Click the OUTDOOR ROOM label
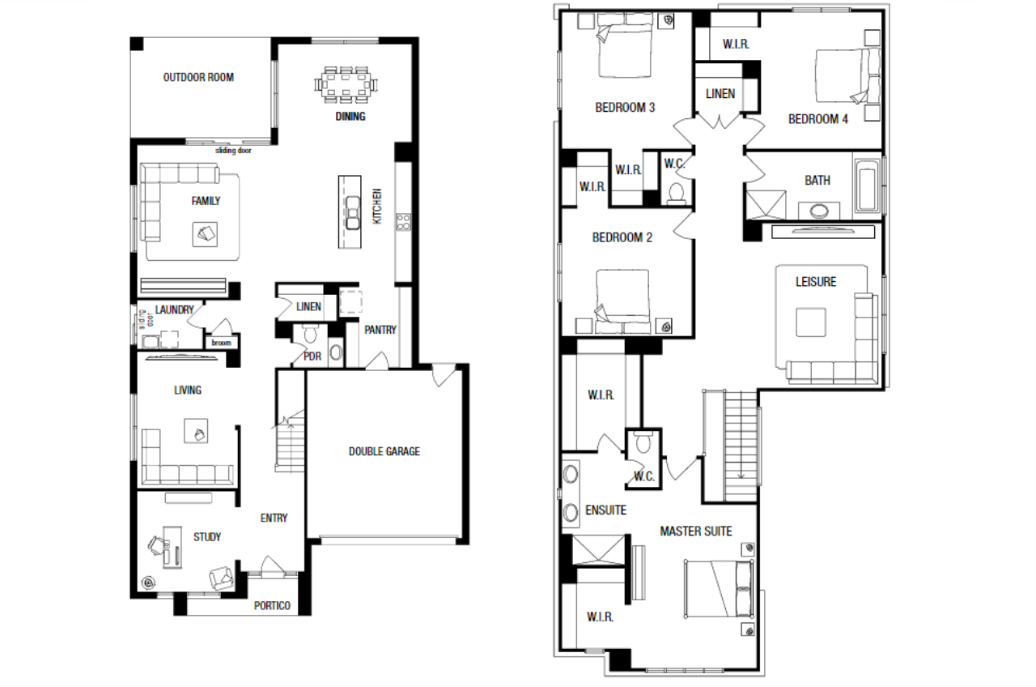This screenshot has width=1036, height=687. pyautogui.click(x=198, y=77)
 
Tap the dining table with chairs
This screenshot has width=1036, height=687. pyautogui.click(x=346, y=85)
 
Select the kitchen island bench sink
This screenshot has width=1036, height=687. pyautogui.click(x=352, y=213)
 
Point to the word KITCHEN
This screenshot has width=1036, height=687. pyautogui.click(x=377, y=206)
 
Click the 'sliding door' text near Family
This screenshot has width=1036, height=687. pyautogui.click(x=233, y=151)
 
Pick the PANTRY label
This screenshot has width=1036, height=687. pyautogui.click(x=380, y=330)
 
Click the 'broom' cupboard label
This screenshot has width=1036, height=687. pyautogui.click(x=221, y=343)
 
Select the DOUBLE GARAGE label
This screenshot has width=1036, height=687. pyautogui.click(x=384, y=451)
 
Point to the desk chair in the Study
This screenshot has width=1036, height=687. pyautogui.click(x=157, y=545)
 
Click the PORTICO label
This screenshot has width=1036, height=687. pyautogui.click(x=272, y=606)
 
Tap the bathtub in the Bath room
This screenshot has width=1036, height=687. pyautogui.click(x=867, y=186)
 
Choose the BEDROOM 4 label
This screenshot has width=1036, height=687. pyautogui.click(x=817, y=119)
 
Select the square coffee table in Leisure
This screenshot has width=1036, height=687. pyautogui.click(x=811, y=322)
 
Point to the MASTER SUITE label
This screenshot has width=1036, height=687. pyautogui.click(x=696, y=531)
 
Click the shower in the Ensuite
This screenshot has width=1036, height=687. pyautogui.click(x=598, y=550)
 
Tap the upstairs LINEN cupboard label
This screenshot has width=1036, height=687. pyautogui.click(x=720, y=94)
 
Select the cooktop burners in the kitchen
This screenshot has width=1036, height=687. pyautogui.click(x=403, y=222)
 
